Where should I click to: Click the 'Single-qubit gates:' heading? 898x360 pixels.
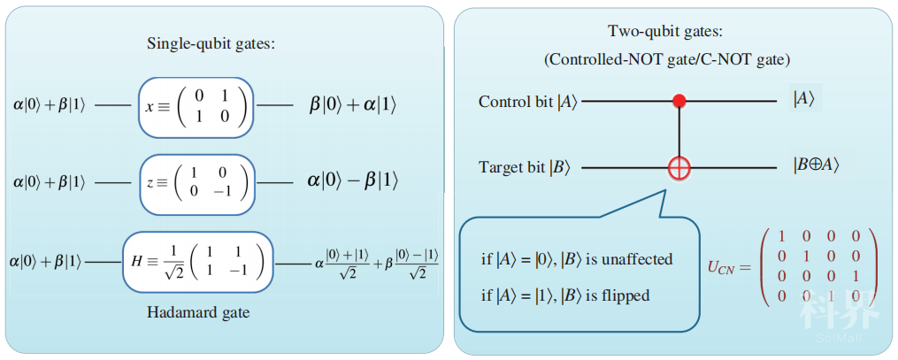pos(212,43)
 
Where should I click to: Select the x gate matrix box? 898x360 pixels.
pos(196,107)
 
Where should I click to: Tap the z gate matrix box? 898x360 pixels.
pos(197,183)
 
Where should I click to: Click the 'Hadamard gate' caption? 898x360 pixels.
pos(198,313)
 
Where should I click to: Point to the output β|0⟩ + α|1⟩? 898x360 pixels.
pos(352,107)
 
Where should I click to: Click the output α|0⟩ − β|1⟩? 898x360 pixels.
pos(352,181)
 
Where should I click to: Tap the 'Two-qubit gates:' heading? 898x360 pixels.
pos(667,32)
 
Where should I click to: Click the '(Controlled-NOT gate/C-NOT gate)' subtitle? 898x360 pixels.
pos(667,58)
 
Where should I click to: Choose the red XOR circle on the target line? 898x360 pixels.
pos(679,168)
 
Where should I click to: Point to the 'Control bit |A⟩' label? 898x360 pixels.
pos(528,103)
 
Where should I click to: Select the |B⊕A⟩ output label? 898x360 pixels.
pos(817,165)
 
